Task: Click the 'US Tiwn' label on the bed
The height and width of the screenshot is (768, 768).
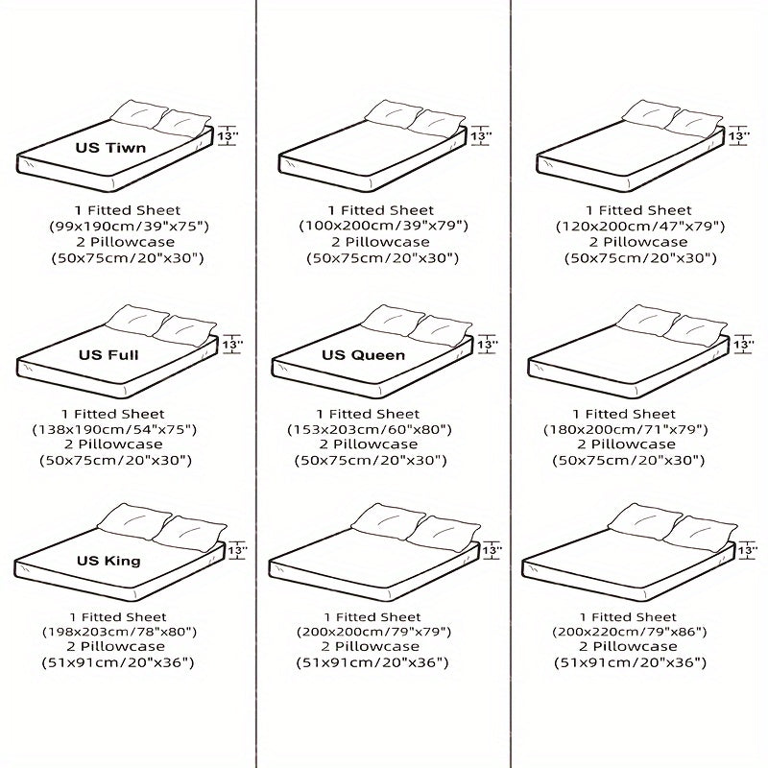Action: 111,149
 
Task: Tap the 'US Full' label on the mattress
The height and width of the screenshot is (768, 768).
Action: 108,355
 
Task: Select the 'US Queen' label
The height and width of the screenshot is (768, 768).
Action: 364,355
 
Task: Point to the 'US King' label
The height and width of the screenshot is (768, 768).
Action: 110,561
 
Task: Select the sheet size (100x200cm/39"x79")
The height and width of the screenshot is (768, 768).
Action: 382,226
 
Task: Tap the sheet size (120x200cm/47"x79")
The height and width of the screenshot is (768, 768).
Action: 637,226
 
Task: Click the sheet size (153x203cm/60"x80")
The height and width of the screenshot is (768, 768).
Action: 382,429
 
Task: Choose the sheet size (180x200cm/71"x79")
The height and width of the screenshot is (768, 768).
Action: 637,429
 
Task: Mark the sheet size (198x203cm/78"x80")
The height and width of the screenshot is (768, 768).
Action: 120,632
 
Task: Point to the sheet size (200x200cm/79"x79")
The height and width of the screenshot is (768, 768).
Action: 382,632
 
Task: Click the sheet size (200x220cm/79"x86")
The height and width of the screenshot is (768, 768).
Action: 631,632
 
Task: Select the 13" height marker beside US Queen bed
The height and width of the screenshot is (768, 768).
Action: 488,344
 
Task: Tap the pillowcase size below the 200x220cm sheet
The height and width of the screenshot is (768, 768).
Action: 631,662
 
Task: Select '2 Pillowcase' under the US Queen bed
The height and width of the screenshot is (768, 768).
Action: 382,444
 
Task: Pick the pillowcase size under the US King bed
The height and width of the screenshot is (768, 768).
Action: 120,662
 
